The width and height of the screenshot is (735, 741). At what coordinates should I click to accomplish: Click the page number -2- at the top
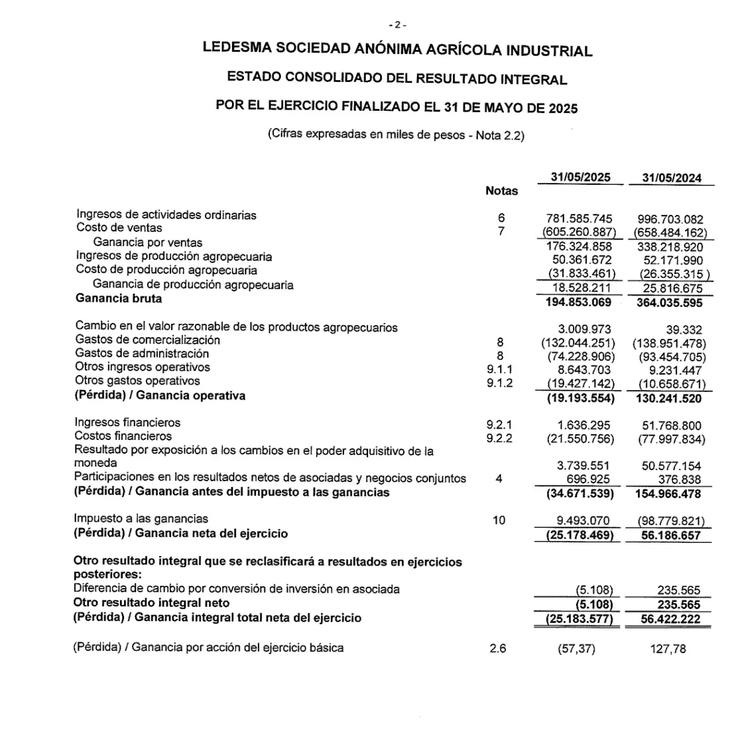point(398,25)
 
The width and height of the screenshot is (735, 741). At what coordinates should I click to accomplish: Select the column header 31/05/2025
point(580,177)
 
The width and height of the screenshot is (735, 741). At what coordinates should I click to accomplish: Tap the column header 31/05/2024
point(671,178)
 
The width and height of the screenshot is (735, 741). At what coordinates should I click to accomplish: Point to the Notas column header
point(501,191)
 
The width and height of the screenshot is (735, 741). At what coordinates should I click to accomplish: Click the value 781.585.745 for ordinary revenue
point(579,219)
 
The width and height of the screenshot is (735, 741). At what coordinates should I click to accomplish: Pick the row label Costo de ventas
point(119,228)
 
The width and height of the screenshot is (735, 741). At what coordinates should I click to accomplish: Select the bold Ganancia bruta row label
point(119,299)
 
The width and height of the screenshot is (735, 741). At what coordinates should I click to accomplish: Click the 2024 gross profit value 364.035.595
point(669,303)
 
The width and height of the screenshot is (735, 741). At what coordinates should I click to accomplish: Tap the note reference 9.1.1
point(499,369)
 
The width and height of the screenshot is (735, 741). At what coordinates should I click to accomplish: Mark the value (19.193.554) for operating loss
point(580,398)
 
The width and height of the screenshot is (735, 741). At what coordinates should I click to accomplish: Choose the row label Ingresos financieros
point(127,423)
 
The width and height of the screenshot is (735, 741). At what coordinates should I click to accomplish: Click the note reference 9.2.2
point(499,438)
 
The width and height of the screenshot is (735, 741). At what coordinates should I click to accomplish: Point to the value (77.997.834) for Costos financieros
point(671,439)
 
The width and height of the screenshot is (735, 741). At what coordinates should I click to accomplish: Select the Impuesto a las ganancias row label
point(141,518)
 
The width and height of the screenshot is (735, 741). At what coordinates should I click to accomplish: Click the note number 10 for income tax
point(499,520)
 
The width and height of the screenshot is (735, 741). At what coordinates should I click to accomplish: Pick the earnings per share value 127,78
point(668,649)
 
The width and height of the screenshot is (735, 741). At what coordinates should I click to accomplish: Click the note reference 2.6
point(498,648)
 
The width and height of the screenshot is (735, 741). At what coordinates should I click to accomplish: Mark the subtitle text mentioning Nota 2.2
point(396,135)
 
